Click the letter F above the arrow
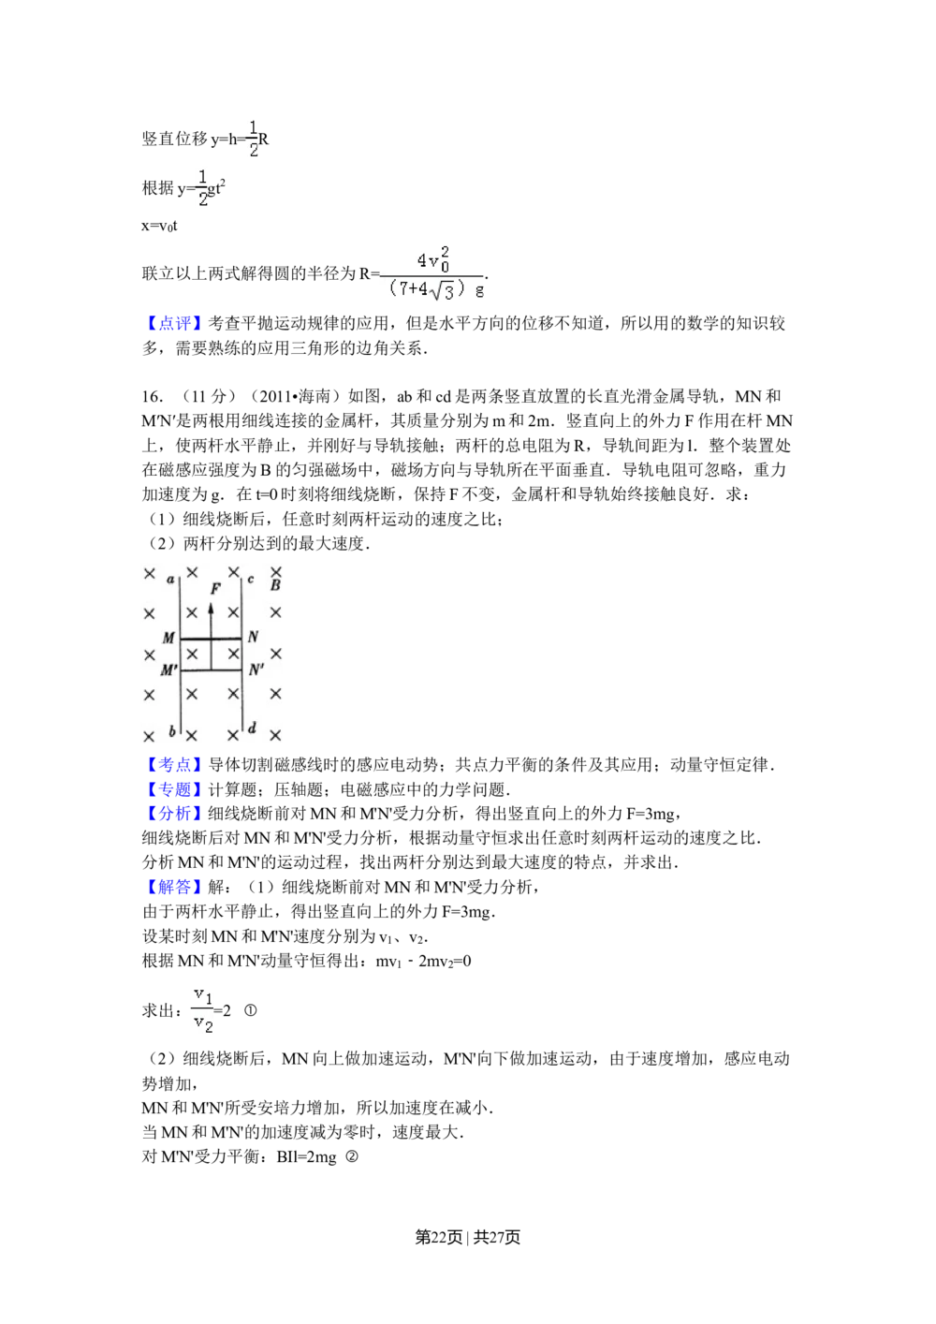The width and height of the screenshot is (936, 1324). pos(215,589)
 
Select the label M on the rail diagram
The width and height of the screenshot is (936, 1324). pos(168,639)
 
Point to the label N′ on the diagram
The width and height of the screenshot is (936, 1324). pos(256,670)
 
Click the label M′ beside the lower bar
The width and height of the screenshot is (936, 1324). pos(168,670)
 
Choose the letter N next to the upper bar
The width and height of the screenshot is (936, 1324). pos(253,638)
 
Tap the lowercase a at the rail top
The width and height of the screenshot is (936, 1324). pos(170,580)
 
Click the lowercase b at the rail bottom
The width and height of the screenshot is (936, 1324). pos(171,730)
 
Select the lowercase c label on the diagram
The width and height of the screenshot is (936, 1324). pos(251,580)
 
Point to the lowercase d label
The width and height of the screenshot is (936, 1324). pos(252,728)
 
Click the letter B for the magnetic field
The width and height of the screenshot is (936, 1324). pos(275,586)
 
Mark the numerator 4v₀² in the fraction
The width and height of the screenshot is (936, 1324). pos(432,258)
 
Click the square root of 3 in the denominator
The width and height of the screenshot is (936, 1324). pos(443,291)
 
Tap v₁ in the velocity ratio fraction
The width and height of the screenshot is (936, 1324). pos(203,993)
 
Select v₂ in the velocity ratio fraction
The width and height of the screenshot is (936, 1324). pos(203,1024)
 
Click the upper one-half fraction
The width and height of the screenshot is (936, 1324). pos(251,138)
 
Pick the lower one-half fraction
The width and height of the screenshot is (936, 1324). pos(202,187)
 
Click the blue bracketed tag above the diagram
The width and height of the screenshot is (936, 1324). pos(172,325)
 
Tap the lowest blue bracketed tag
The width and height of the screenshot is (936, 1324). pos(172,887)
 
